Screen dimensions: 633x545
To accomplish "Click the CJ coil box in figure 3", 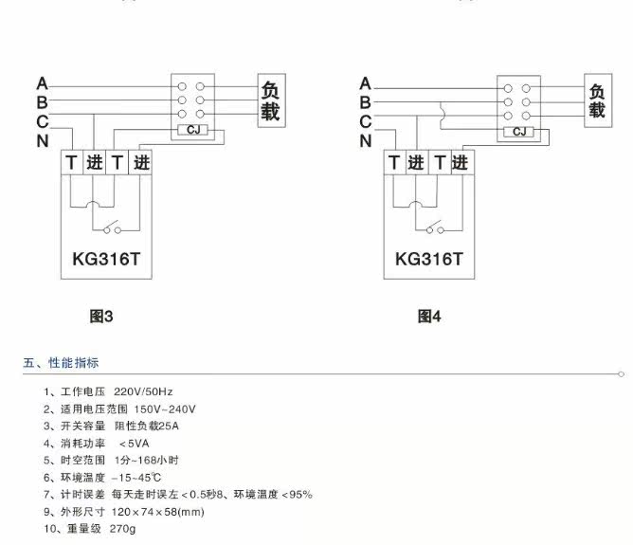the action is (x=193, y=130).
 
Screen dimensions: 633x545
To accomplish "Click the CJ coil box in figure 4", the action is (x=518, y=132).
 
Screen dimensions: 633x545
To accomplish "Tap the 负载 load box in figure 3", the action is (x=272, y=100).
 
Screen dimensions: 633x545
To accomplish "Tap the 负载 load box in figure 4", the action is (x=598, y=100).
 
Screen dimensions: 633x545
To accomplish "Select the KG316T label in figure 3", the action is (x=106, y=259).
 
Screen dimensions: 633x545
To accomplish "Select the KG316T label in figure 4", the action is (x=428, y=259).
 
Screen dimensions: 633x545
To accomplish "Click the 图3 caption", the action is (x=101, y=317).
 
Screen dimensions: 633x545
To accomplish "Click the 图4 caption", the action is (x=429, y=317).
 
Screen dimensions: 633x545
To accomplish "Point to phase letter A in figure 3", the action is (x=43, y=84).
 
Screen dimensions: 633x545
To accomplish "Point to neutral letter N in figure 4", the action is (x=366, y=141).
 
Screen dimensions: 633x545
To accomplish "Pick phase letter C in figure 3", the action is (x=43, y=121).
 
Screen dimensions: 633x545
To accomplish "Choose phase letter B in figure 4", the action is (x=366, y=102).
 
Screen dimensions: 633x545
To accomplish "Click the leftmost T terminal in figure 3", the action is (x=71, y=163).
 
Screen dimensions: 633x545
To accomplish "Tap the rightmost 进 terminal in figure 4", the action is (x=460, y=163).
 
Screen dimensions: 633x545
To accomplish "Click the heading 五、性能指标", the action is (x=61, y=362).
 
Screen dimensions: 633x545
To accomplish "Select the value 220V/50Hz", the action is (x=143, y=392).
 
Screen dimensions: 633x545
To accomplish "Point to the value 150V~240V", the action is (x=165, y=409).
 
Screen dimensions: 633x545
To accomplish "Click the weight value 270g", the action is (x=123, y=529).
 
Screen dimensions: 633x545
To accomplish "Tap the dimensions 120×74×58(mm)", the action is (x=158, y=512).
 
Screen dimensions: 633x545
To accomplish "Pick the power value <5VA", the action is (x=134, y=444).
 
